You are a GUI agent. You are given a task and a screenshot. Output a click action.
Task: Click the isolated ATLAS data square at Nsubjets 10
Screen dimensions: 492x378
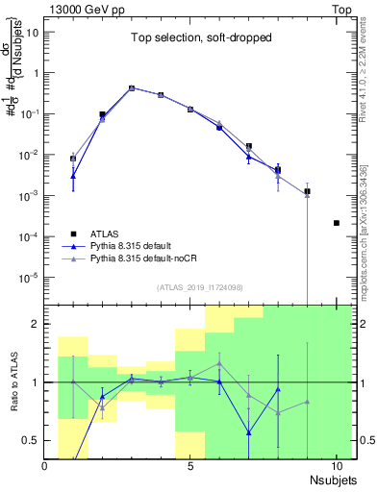336,223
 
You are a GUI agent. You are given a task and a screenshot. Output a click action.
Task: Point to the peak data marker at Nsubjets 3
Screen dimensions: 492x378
132,87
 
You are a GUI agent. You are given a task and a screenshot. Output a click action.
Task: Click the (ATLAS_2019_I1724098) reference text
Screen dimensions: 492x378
199,286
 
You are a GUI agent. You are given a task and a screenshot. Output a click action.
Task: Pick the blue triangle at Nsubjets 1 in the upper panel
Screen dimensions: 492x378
73,176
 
